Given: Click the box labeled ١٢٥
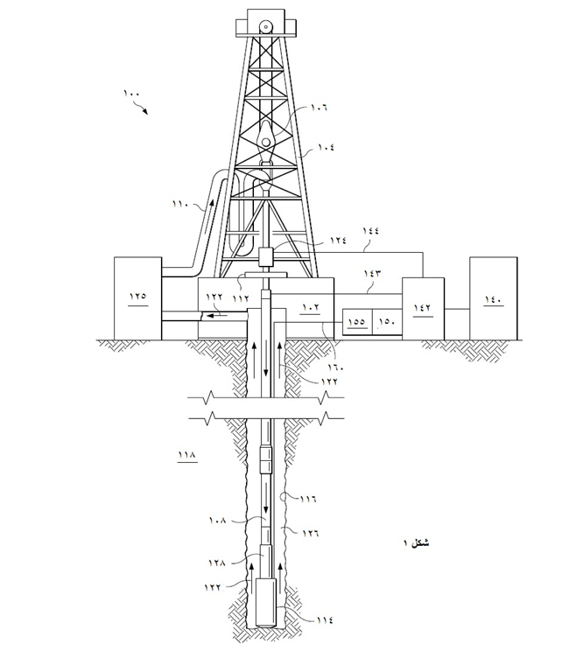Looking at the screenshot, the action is tap(137, 298).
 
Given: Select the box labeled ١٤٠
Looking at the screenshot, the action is tap(494, 298).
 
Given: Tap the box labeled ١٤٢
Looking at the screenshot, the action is tap(423, 309).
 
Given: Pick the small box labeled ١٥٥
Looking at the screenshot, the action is tap(357, 322).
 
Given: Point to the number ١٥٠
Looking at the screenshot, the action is tap(387, 322).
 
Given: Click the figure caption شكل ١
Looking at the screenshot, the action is tap(416, 542).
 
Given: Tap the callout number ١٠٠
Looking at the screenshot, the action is tap(131, 94).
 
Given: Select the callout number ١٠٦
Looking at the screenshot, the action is tap(320, 108).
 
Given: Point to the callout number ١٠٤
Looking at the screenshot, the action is tap(327, 147).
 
